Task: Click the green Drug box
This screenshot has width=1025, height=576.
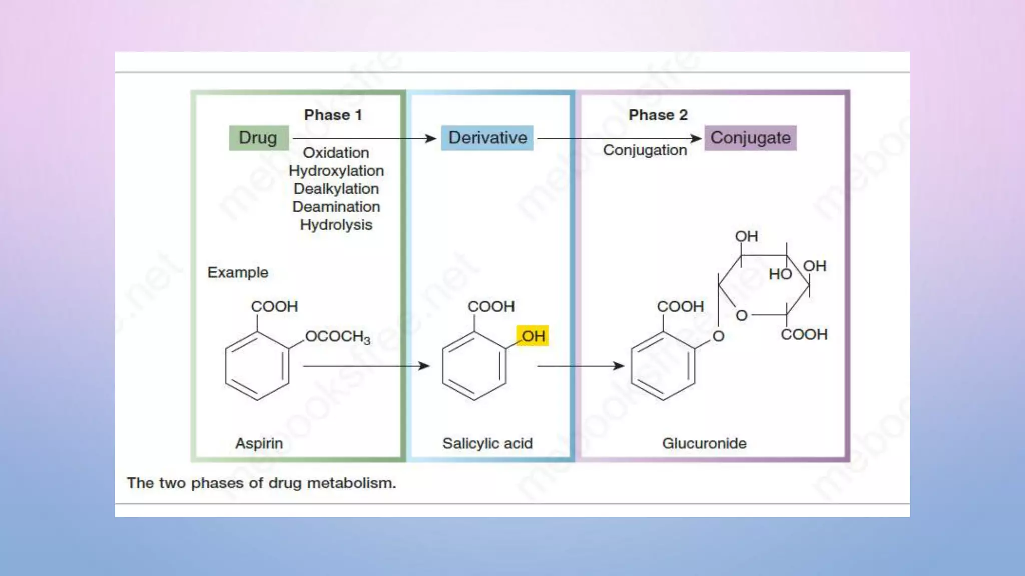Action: point(258,138)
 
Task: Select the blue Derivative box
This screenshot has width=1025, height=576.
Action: point(487,138)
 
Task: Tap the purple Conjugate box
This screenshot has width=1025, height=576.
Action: point(750,138)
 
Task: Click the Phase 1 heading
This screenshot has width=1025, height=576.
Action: point(333,115)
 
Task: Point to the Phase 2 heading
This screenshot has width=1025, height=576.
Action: point(658,115)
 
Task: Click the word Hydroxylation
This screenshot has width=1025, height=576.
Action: point(336,171)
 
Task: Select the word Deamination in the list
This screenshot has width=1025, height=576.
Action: point(336,207)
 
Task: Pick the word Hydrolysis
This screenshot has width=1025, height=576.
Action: point(336,225)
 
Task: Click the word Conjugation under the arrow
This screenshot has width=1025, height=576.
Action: point(644,150)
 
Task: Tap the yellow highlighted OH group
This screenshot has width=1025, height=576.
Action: point(533,336)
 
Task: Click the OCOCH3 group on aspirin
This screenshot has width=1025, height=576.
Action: point(338,337)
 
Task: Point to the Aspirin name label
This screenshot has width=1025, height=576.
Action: point(259,443)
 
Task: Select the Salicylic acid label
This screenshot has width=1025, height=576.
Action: point(487,443)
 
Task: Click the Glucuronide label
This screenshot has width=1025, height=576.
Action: point(704,443)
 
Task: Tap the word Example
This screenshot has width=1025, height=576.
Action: point(238,272)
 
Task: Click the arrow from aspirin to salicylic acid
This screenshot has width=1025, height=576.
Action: point(365,366)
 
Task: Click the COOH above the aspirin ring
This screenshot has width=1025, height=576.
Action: point(274,306)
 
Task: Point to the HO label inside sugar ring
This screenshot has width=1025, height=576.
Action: point(780,274)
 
